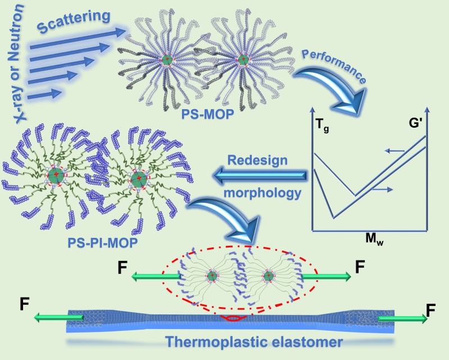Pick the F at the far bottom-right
coord(431,308)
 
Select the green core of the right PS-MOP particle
coord(243,60)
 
